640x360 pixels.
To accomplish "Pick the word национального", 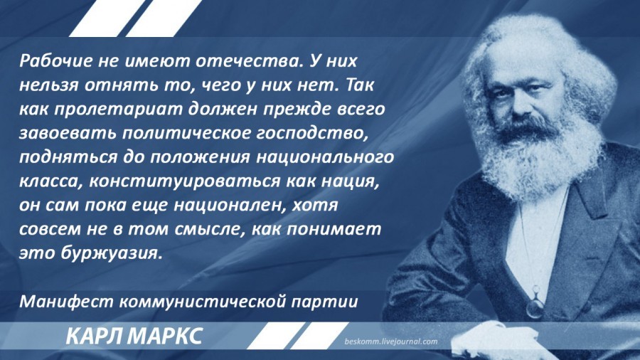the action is [325, 157].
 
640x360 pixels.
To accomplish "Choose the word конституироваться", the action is [184, 182].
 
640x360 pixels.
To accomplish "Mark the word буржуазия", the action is [111, 254].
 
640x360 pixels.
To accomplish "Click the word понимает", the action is [334, 230].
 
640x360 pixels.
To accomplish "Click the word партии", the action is [325, 303].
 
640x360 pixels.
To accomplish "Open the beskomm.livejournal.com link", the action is [390, 342].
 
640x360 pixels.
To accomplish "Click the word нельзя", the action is [49, 86].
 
